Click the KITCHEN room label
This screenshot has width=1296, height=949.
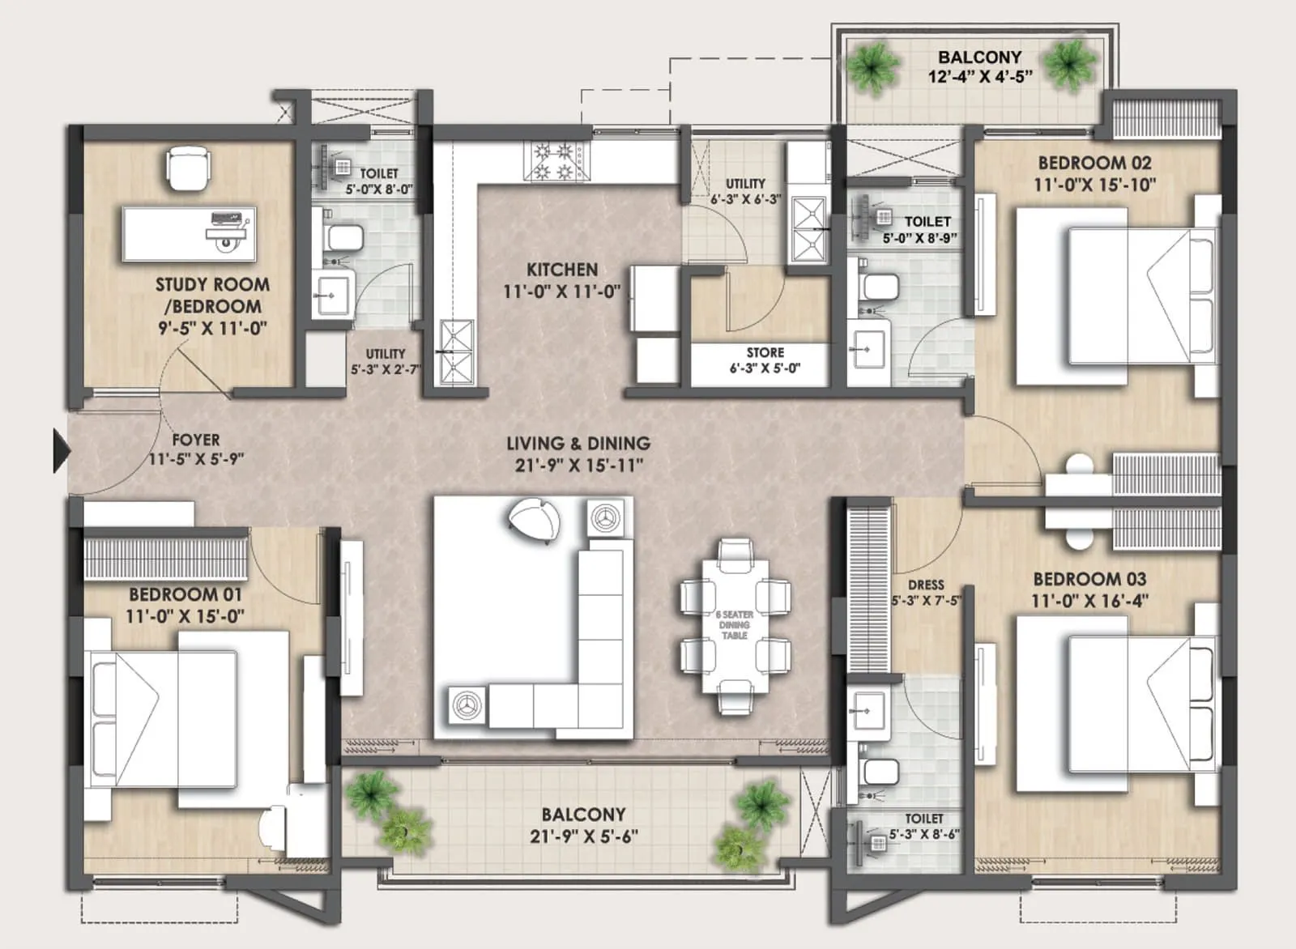pos(561,270)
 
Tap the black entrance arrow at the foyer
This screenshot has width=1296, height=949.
pos(61,451)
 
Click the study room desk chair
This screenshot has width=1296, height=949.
pos(188,168)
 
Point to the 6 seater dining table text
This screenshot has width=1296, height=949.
pos(734,625)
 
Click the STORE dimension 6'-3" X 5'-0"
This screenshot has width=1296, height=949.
pos(765,368)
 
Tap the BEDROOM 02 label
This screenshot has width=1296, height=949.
pos(1094,163)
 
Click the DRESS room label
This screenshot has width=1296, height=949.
pos(926,585)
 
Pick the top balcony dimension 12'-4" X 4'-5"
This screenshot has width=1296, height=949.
pos(979,77)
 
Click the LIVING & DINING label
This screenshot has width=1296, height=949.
pos(578,444)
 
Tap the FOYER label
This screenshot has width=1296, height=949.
pos(195,440)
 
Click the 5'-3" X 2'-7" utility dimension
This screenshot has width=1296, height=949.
pos(385,369)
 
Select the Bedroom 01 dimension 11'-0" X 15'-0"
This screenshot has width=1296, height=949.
pos(185,616)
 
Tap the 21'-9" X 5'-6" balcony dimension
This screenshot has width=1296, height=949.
pos(583,836)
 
